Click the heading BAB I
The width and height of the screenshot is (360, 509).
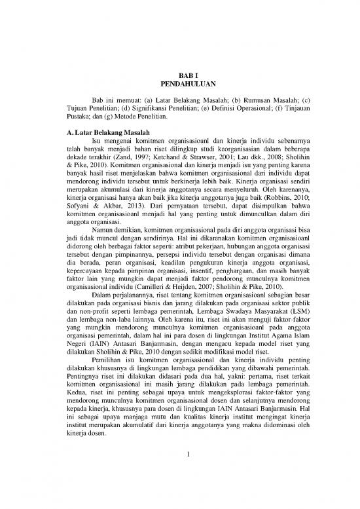180,76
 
